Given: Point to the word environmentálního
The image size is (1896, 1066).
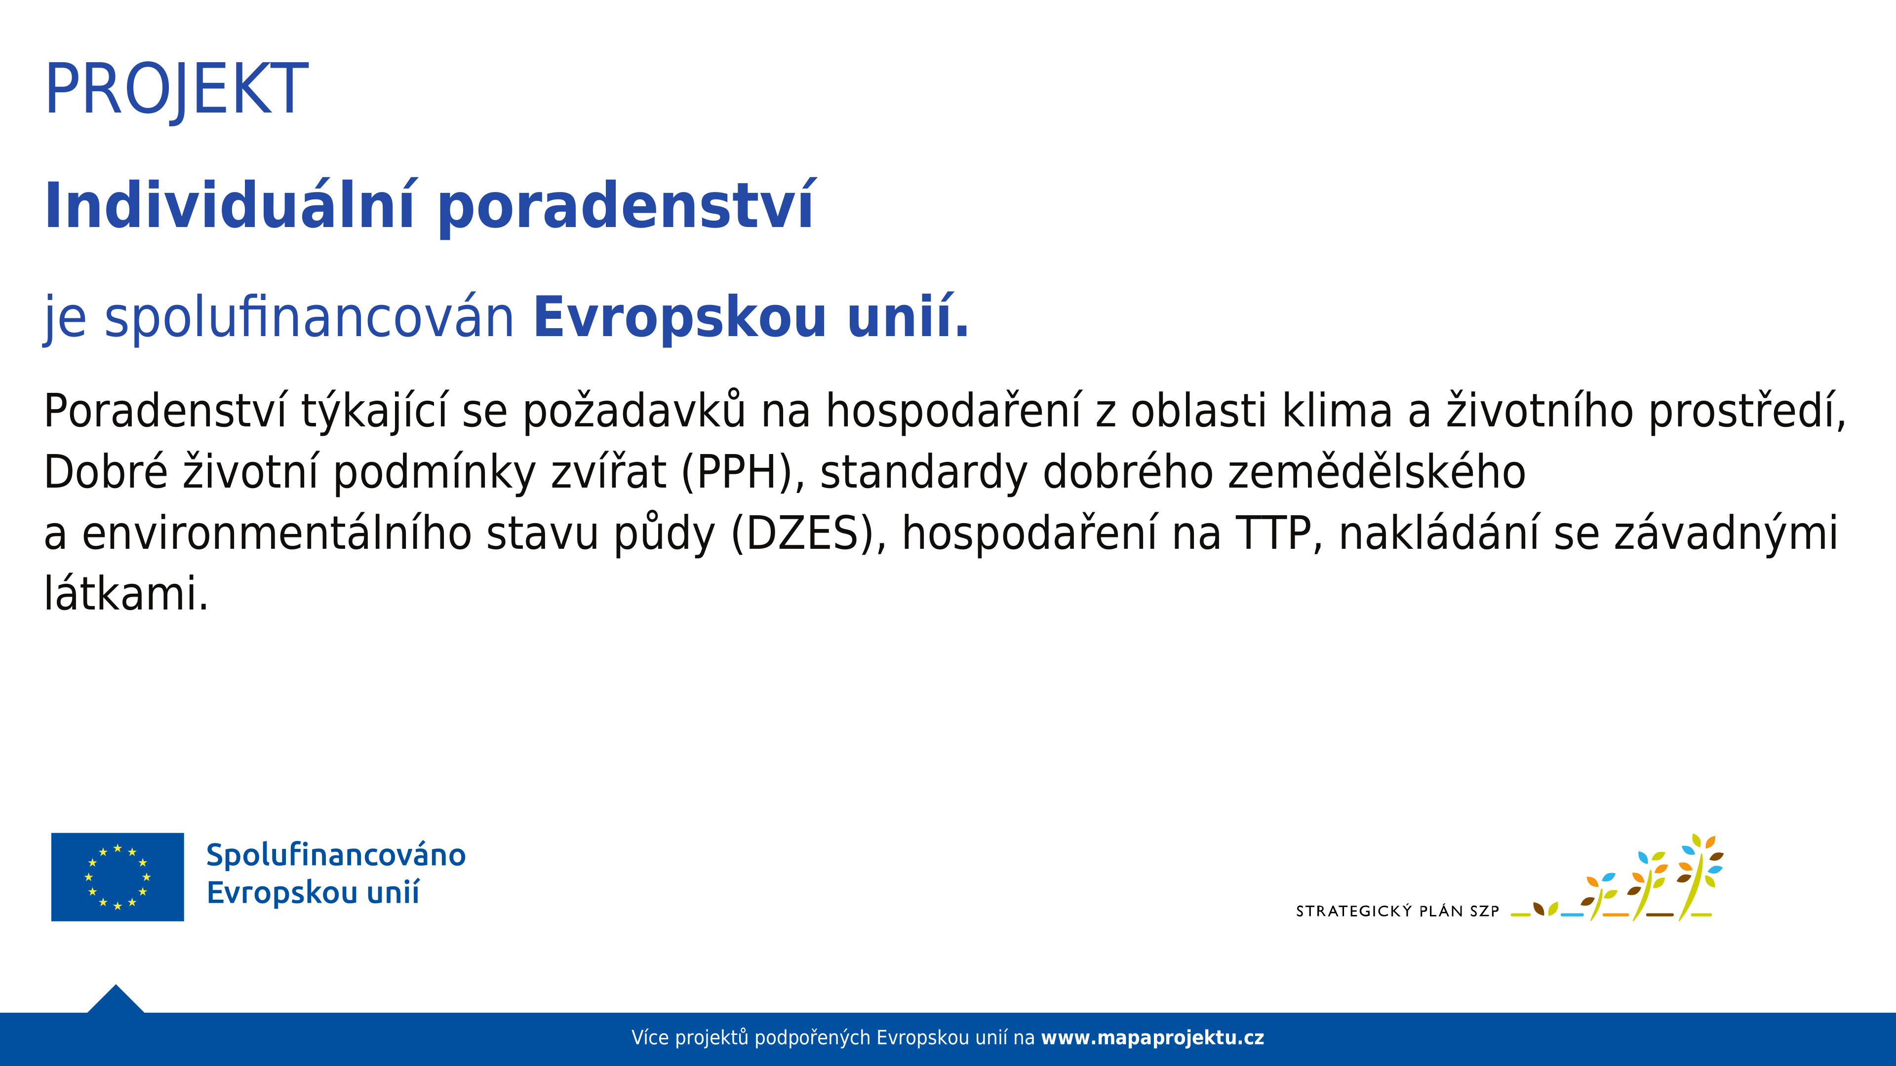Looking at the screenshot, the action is [276, 533].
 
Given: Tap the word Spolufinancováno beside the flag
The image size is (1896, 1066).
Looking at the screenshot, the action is [336, 855].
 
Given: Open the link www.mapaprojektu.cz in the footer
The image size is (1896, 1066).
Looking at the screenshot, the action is [1152, 1038].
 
